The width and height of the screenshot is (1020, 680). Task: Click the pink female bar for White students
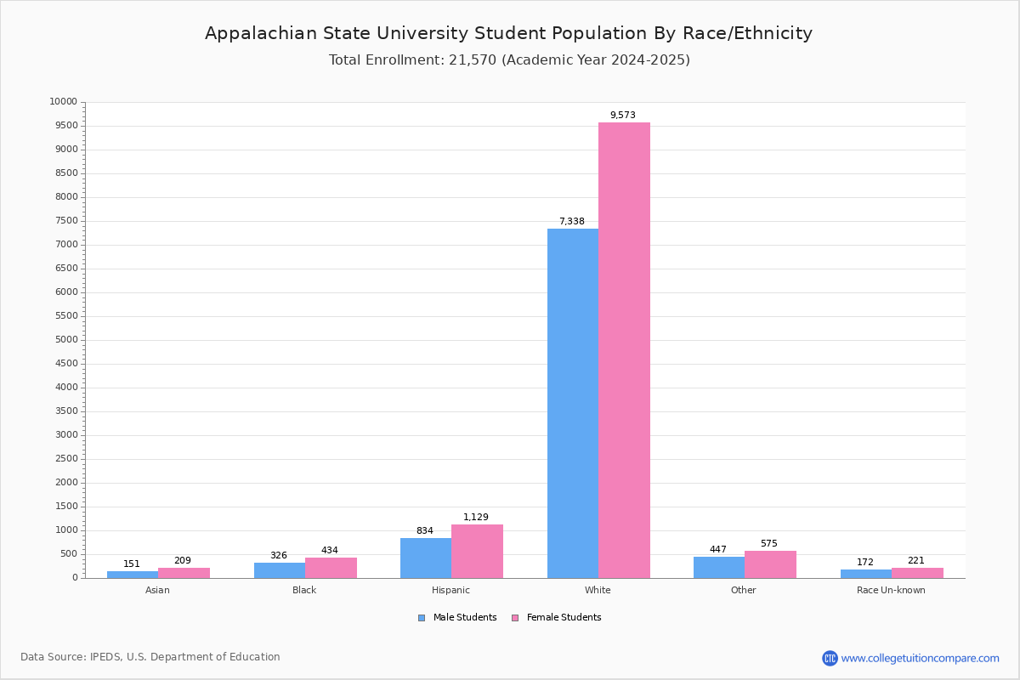pyautogui.click(x=624, y=350)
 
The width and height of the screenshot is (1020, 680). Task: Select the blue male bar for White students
pyautogui.click(x=573, y=403)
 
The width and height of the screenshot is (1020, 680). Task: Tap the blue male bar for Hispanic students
pyautogui.click(x=426, y=558)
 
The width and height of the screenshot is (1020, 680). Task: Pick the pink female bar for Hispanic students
pyautogui.click(x=477, y=551)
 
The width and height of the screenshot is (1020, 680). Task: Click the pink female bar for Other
pyautogui.click(x=770, y=564)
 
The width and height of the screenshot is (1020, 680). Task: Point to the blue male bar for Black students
pyautogui.click(x=280, y=570)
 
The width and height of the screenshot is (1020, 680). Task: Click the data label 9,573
pyautogui.click(x=622, y=115)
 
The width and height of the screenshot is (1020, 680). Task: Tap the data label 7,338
pyautogui.click(x=571, y=221)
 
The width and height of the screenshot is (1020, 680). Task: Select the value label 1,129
pyautogui.click(x=476, y=517)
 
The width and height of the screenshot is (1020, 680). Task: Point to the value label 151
pyautogui.click(x=132, y=564)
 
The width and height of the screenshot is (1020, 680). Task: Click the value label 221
pyautogui.click(x=915, y=560)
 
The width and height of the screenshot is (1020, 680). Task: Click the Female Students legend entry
pyautogui.click(x=563, y=618)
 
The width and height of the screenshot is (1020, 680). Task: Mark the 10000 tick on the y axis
pyautogui.click(x=63, y=102)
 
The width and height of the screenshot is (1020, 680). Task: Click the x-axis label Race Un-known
pyautogui.click(x=891, y=590)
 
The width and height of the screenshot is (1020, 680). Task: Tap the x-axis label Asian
pyautogui.click(x=157, y=590)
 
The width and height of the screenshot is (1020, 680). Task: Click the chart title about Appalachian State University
pyautogui.click(x=508, y=33)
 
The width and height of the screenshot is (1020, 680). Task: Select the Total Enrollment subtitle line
pyautogui.click(x=509, y=60)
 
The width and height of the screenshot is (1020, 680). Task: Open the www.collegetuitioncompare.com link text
pyautogui.click(x=920, y=658)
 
